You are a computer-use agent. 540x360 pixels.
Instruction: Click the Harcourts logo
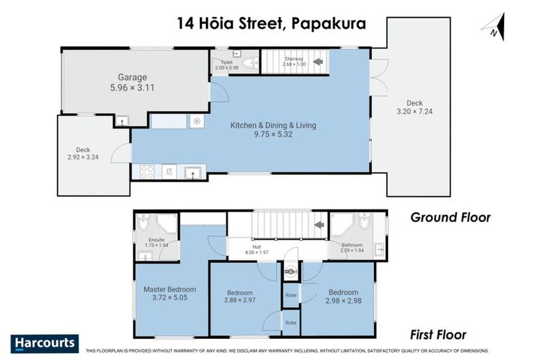coord(44,343)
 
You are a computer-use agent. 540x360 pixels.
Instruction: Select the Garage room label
coord(132,77)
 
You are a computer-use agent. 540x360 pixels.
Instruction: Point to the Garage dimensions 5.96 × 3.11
coord(132,89)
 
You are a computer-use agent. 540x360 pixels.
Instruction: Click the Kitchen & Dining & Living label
coord(274,126)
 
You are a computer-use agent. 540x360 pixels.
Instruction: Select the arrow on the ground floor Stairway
coord(318,62)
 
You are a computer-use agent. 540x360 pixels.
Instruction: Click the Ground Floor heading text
coord(450,218)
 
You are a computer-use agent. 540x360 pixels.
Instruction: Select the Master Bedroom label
coord(169,289)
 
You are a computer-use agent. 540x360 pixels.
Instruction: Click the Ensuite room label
coord(155,240)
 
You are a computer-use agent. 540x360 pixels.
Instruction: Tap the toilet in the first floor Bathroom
coord(363,222)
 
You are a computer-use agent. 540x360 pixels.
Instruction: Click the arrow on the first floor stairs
coord(319,225)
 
